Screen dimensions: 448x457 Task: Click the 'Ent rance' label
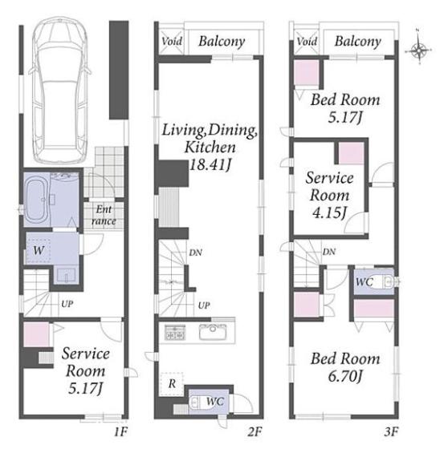click(x=104, y=215)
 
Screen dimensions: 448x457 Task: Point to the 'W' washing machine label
click(x=39, y=251)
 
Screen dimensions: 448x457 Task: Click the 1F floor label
click(x=120, y=432)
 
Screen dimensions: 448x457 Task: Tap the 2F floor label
click(x=255, y=432)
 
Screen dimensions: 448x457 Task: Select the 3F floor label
click(x=391, y=432)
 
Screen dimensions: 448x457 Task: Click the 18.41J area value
click(x=210, y=165)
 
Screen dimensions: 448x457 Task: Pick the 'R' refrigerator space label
click(x=172, y=383)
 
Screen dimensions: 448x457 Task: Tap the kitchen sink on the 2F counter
click(x=213, y=332)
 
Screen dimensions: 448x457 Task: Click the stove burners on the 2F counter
click(x=175, y=332)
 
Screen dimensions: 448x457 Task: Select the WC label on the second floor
click(x=215, y=402)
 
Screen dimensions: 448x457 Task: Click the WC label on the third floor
click(x=365, y=282)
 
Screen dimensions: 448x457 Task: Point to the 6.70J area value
click(x=345, y=376)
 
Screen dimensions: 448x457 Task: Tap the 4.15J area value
click(x=329, y=212)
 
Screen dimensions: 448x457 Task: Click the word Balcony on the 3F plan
click(x=358, y=42)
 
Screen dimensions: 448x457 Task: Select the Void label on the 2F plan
click(x=172, y=41)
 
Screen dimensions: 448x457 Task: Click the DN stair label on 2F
click(x=196, y=253)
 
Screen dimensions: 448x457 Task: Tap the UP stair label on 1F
click(x=67, y=304)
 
